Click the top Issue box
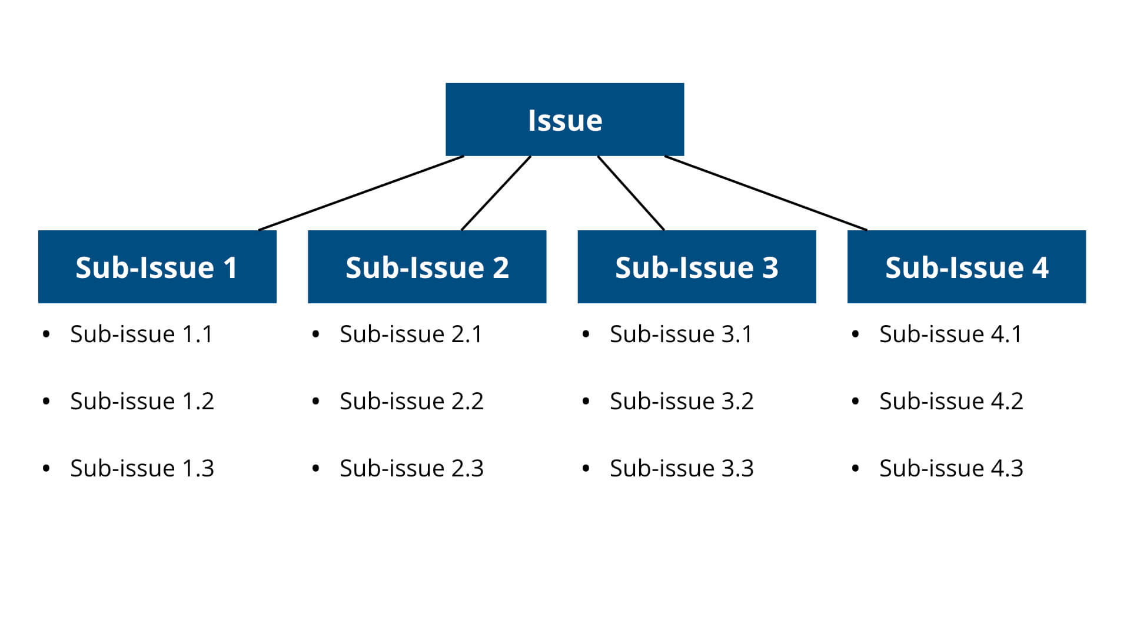click(564, 120)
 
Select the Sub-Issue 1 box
click(157, 267)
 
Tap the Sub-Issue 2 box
click(427, 267)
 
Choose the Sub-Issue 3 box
click(697, 267)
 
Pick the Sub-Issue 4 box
click(966, 267)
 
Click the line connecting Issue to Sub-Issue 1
click(361, 193)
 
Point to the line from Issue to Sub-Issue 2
click(496, 193)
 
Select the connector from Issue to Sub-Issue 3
click(631, 193)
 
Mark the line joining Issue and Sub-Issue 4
click(766, 193)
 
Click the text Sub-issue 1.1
click(141, 334)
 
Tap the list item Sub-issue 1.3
click(142, 469)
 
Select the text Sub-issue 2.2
click(411, 402)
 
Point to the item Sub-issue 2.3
click(411, 469)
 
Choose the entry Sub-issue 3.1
click(681, 334)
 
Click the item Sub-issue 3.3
click(682, 469)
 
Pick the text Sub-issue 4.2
click(951, 402)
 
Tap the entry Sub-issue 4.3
click(951, 469)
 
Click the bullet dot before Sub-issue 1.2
click(46, 402)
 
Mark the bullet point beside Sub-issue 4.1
click(855, 334)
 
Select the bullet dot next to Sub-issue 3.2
click(586, 402)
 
